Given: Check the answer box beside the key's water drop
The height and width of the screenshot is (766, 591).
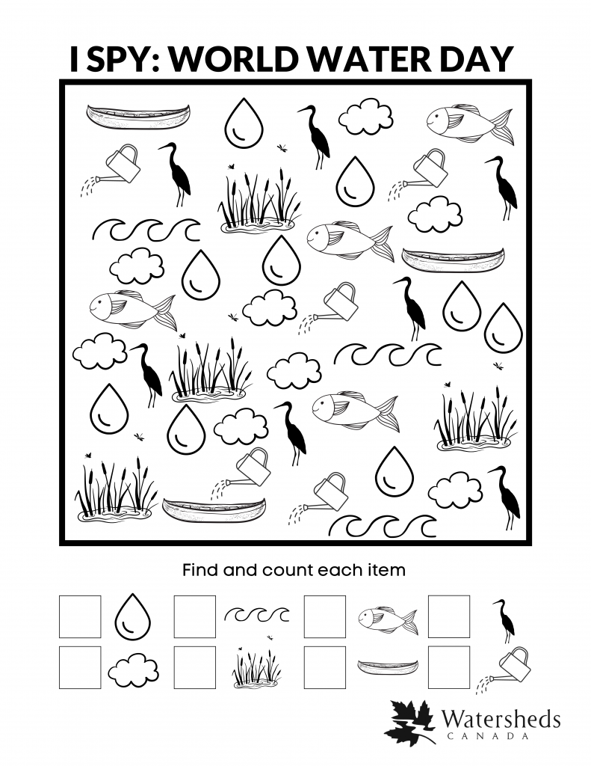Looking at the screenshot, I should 80,616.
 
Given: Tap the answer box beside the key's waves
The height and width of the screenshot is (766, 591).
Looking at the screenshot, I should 195,616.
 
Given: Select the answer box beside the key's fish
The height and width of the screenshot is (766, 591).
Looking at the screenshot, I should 325,616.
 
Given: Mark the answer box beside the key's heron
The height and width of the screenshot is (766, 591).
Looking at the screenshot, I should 449,616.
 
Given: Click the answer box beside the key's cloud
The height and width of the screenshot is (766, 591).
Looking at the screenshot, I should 80,667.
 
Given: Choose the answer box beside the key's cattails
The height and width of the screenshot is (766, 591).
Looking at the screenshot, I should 195,667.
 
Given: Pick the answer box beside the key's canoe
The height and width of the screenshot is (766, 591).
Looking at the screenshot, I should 325,667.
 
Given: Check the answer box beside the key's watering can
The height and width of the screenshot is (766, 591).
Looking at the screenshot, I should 449,667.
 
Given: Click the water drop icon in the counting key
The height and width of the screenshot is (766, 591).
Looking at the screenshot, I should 132,616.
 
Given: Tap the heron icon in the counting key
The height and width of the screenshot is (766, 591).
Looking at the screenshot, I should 504,619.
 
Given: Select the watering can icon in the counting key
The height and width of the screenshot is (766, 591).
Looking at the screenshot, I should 508,667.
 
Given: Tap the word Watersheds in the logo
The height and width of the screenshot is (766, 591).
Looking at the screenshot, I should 501,719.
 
